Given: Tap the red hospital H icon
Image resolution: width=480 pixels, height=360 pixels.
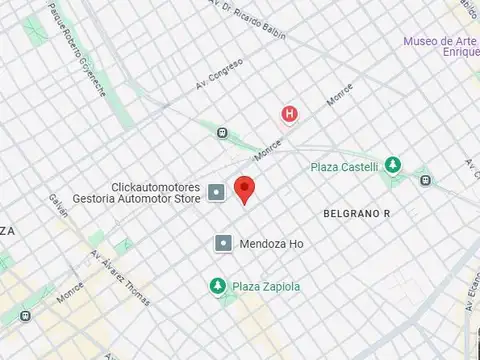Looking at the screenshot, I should point(290,114).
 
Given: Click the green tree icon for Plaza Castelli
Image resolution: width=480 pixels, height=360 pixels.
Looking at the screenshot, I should point(394,165).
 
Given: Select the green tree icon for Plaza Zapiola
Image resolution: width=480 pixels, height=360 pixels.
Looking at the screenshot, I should point(218,286).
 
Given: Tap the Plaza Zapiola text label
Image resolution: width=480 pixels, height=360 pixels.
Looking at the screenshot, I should point(266,287).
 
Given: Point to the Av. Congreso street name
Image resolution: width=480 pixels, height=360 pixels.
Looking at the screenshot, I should point(219,73).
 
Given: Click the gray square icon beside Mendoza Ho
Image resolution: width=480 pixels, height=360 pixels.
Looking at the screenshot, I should point(223,243).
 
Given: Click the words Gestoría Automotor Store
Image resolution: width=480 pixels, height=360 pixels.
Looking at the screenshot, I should point(143,199).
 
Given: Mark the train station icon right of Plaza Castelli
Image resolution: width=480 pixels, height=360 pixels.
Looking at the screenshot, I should point(427,180).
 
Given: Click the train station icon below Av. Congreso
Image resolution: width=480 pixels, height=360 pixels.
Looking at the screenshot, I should point(221,133).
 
